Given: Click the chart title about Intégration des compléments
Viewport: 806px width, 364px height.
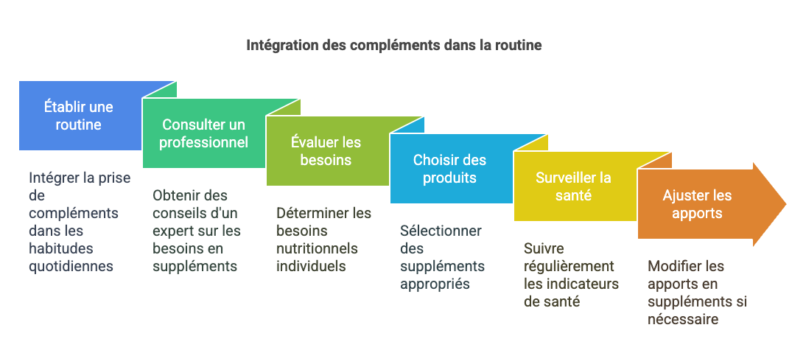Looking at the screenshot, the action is click(393, 45).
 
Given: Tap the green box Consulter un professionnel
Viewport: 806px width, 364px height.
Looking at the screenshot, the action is click(204, 133).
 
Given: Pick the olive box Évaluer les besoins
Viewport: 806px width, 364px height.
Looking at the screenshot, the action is click(327, 150).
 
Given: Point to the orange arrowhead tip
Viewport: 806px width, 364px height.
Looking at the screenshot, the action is click(786, 204).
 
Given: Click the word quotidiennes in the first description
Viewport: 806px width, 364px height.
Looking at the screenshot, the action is click(71, 266).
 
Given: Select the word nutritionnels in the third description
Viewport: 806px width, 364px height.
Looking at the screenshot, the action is click(317, 249).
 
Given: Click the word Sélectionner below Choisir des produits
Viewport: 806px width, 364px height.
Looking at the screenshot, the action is click(441, 231).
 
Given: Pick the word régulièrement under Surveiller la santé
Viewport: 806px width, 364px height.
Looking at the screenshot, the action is click(569, 266).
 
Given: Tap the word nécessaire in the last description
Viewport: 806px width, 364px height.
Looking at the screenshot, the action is click(683, 319).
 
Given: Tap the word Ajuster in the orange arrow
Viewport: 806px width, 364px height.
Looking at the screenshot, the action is click(679, 195).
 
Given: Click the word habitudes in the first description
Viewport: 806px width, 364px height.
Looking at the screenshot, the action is click(61, 249).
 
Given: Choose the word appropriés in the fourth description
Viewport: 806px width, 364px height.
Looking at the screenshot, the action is click(435, 284).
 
